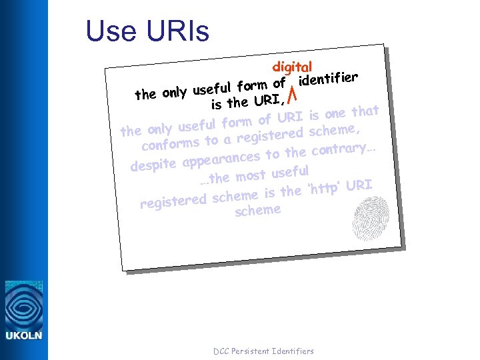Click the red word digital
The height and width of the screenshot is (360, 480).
292,67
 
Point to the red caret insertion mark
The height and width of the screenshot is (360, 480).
291,91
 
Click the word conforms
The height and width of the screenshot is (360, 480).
171,143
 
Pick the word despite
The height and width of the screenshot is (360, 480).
153,164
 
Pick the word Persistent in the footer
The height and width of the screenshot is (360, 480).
252,351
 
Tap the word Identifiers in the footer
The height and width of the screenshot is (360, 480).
293,351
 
